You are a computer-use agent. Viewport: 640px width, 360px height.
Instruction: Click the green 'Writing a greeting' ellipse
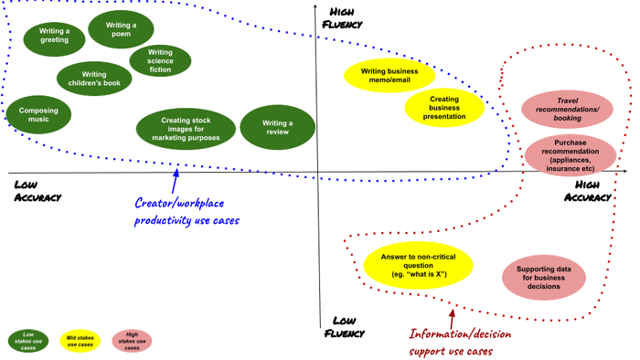click(54, 36)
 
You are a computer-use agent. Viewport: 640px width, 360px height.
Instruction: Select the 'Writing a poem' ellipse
click(121, 30)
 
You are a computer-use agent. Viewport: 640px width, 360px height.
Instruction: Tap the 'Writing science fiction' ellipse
click(160, 60)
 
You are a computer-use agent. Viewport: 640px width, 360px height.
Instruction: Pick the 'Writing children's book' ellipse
click(94, 79)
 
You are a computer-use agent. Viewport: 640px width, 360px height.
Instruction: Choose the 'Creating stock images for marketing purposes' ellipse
click(186, 129)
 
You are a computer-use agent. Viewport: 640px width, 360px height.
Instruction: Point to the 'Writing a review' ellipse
click(277, 127)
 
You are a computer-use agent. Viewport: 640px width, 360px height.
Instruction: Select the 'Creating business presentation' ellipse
click(443, 106)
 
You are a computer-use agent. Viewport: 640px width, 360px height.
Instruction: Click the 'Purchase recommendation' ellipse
click(571, 155)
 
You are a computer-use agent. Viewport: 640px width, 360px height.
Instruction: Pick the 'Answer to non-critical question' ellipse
click(418, 265)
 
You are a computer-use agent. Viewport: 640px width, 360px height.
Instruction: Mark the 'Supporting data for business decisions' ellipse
click(544, 277)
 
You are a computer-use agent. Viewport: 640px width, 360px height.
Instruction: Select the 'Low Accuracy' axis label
click(38, 191)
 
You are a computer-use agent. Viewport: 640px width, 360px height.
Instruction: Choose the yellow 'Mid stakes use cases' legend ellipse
click(80, 341)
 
